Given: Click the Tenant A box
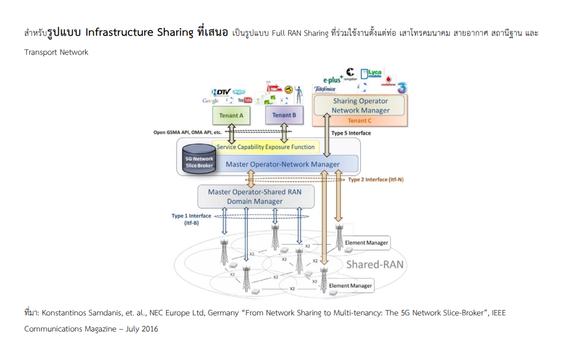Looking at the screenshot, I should pos(232,115).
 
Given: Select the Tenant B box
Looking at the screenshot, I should pos(284,115).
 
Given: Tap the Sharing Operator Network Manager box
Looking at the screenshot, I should pos(360,106).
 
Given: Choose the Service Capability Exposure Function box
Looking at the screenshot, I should pos(266,146).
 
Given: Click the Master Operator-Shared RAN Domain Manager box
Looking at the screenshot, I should pos(255,196).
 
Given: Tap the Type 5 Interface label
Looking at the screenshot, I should pos(351,133).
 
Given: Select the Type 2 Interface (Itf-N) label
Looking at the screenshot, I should pos(376,179).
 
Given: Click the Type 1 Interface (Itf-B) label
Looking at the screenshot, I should pos(192,220).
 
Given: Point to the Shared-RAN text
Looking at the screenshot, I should pos(372,264).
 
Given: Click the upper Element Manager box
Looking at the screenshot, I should pos(366,243).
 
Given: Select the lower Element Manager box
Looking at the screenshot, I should pos(350,286).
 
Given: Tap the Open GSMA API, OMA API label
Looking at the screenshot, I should pos(187,132).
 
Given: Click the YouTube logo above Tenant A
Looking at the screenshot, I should pos(245,100).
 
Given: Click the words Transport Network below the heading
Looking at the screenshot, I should pos(56,52).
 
